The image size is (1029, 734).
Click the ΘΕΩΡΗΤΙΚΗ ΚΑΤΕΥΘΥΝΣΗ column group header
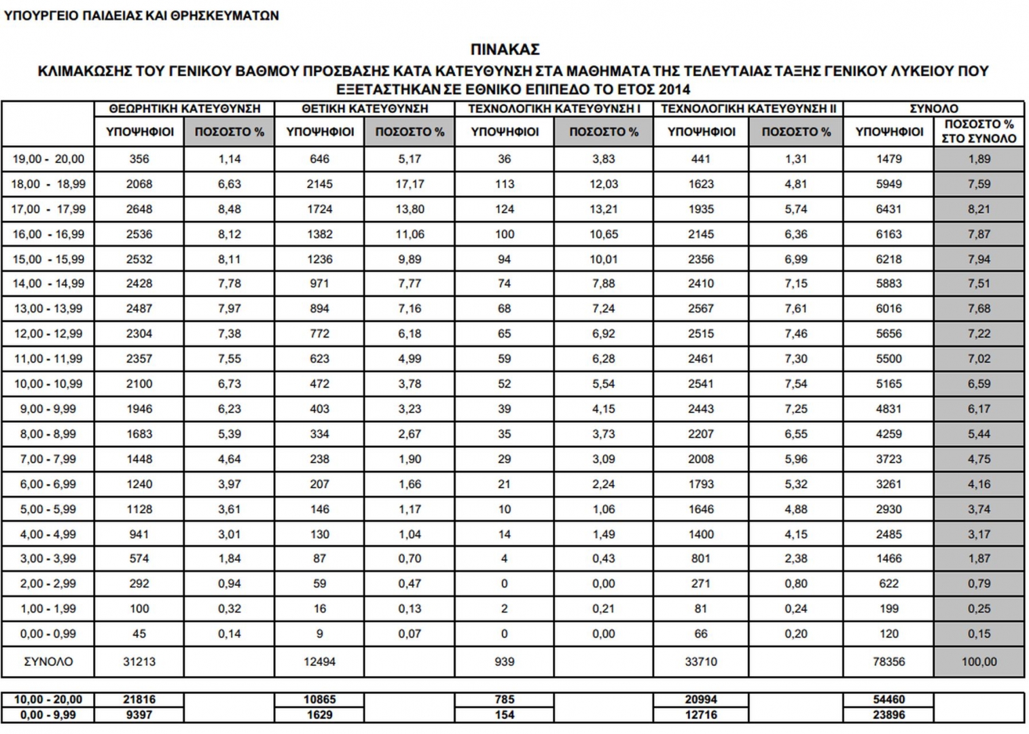[x=184, y=109]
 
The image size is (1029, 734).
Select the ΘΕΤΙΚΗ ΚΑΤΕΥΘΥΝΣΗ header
[x=365, y=109]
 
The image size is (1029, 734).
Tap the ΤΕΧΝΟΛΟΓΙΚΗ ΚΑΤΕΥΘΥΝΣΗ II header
[x=748, y=109]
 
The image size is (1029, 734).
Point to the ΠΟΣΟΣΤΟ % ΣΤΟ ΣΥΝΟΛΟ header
[x=979, y=131]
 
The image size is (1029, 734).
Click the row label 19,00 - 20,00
[x=48, y=159]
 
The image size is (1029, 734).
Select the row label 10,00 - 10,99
[x=48, y=384]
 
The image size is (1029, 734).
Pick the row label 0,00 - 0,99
[x=48, y=634]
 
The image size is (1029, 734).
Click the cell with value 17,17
[x=410, y=184]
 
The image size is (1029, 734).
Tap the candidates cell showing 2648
[x=139, y=209]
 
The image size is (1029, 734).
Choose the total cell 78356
[x=888, y=661]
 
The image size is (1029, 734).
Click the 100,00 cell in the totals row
[x=979, y=661]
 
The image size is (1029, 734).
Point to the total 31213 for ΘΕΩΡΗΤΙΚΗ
[x=139, y=661]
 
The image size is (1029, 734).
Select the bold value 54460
[x=888, y=699]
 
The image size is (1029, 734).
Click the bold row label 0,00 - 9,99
[x=48, y=715]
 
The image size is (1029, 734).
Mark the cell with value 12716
[x=700, y=715]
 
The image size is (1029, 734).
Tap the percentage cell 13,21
[x=603, y=209]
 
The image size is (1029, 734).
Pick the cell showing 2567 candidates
[x=700, y=309]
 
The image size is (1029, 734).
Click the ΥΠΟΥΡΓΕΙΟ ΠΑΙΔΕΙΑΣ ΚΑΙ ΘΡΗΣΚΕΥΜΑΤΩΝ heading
[x=141, y=16]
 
